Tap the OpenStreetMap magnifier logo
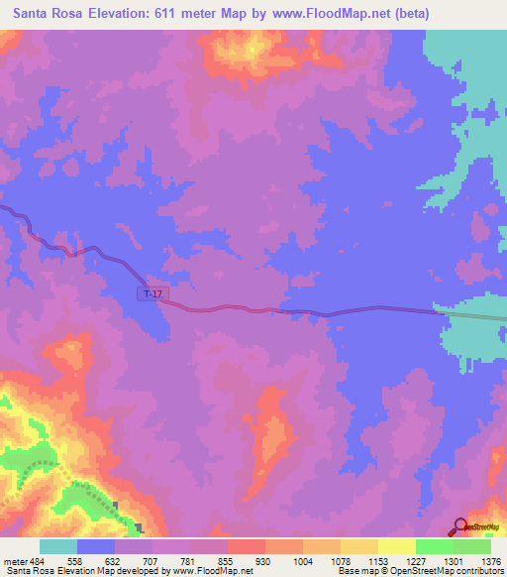(460, 525)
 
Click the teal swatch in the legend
(58, 546)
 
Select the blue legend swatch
(96, 546)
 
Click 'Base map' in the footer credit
(355, 571)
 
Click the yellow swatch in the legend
(396, 546)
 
